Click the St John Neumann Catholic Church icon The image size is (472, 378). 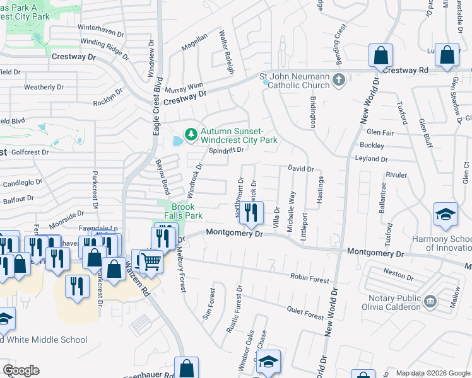[339, 79]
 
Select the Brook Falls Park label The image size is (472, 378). [184, 211]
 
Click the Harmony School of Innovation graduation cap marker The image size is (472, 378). [445, 214]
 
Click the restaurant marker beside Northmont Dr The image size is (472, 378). [252, 214]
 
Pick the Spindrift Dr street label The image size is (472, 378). [226, 150]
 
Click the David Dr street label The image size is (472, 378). [300, 169]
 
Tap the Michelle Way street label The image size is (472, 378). [292, 212]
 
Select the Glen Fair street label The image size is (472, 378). [380, 133]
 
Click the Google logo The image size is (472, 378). [21, 370]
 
